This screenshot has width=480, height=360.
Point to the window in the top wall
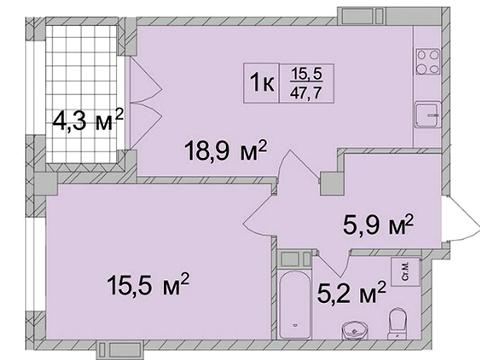pos(356,15)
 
